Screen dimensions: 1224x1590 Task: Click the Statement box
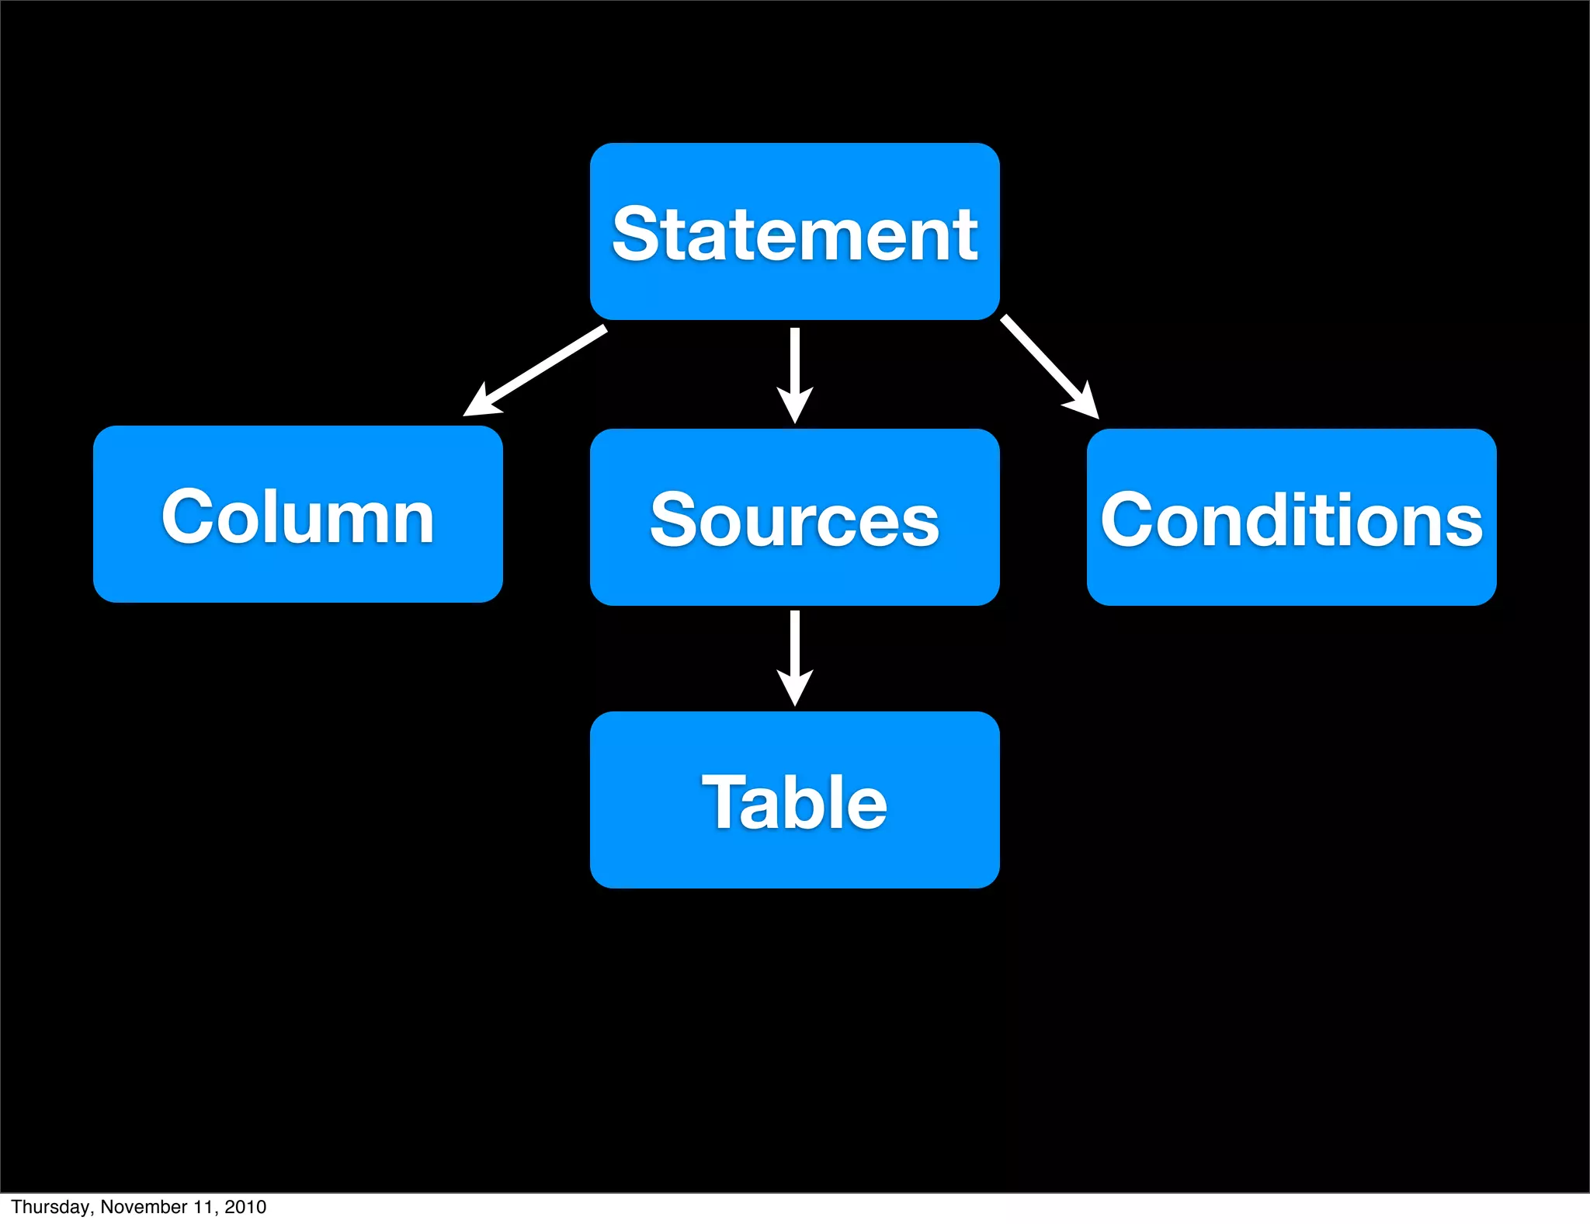tap(794, 231)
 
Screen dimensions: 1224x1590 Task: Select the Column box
tap(297, 514)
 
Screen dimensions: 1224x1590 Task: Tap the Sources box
tap(794, 517)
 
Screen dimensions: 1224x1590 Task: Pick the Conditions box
tap(1291, 517)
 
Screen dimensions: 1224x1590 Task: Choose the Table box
tap(794, 800)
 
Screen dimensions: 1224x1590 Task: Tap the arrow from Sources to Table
tap(794, 652)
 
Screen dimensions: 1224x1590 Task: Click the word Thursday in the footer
tap(50, 1207)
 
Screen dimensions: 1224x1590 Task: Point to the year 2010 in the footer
tap(245, 1207)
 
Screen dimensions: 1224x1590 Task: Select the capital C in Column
tap(186, 516)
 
